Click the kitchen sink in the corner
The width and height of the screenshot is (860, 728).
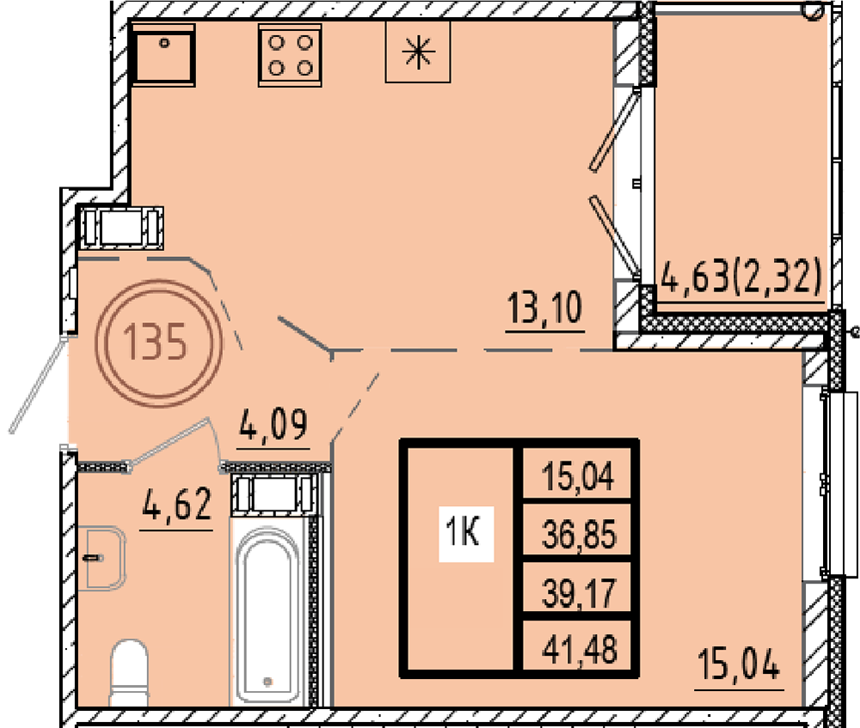click(163, 55)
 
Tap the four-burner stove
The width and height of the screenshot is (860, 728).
click(290, 55)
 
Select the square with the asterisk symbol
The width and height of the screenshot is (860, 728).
click(418, 52)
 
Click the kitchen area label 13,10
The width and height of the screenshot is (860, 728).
click(545, 309)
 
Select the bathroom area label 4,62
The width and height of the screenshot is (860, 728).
click(176, 505)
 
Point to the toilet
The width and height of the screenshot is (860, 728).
click(130, 672)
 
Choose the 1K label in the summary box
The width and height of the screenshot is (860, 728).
click(464, 532)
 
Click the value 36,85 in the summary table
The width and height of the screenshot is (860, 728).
click(579, 535)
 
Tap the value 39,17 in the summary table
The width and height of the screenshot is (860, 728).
click(579, 593)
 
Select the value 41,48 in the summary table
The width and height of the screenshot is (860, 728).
click(579, 650)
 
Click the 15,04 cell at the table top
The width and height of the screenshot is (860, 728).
click(578, 475)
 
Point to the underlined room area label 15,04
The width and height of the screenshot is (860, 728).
click(739, 665)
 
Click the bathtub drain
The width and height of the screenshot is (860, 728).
click(267, 682)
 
